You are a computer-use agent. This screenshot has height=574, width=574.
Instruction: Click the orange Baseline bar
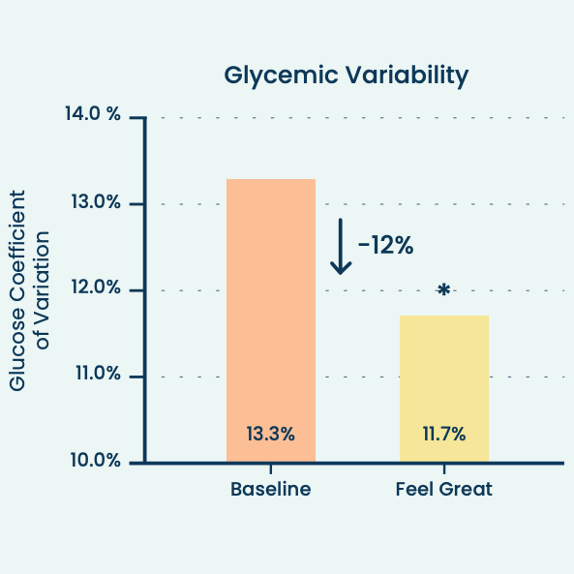(x=270, y=319)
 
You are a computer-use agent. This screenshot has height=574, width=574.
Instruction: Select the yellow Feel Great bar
(x=444, y=387)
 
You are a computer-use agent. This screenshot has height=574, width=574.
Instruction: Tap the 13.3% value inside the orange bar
(x=270, y=434)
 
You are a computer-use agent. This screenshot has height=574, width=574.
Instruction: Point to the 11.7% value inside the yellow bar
(x=443, y=434)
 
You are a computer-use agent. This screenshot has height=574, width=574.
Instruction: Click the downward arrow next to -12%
(x=340, y=246)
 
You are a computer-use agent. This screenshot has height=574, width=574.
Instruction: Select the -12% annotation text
(x=385, y=246)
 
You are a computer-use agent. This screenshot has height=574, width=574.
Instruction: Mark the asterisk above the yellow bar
(x=443, y=290)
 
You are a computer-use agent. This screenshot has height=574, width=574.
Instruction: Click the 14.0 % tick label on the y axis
(x=93, y=115)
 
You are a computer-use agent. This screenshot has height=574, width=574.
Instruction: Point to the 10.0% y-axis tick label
(x=94, y=460)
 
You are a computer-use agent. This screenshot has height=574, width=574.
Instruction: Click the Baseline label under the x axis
(x=270, y=489)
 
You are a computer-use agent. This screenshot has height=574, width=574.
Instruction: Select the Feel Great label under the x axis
(x=444, y=489)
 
